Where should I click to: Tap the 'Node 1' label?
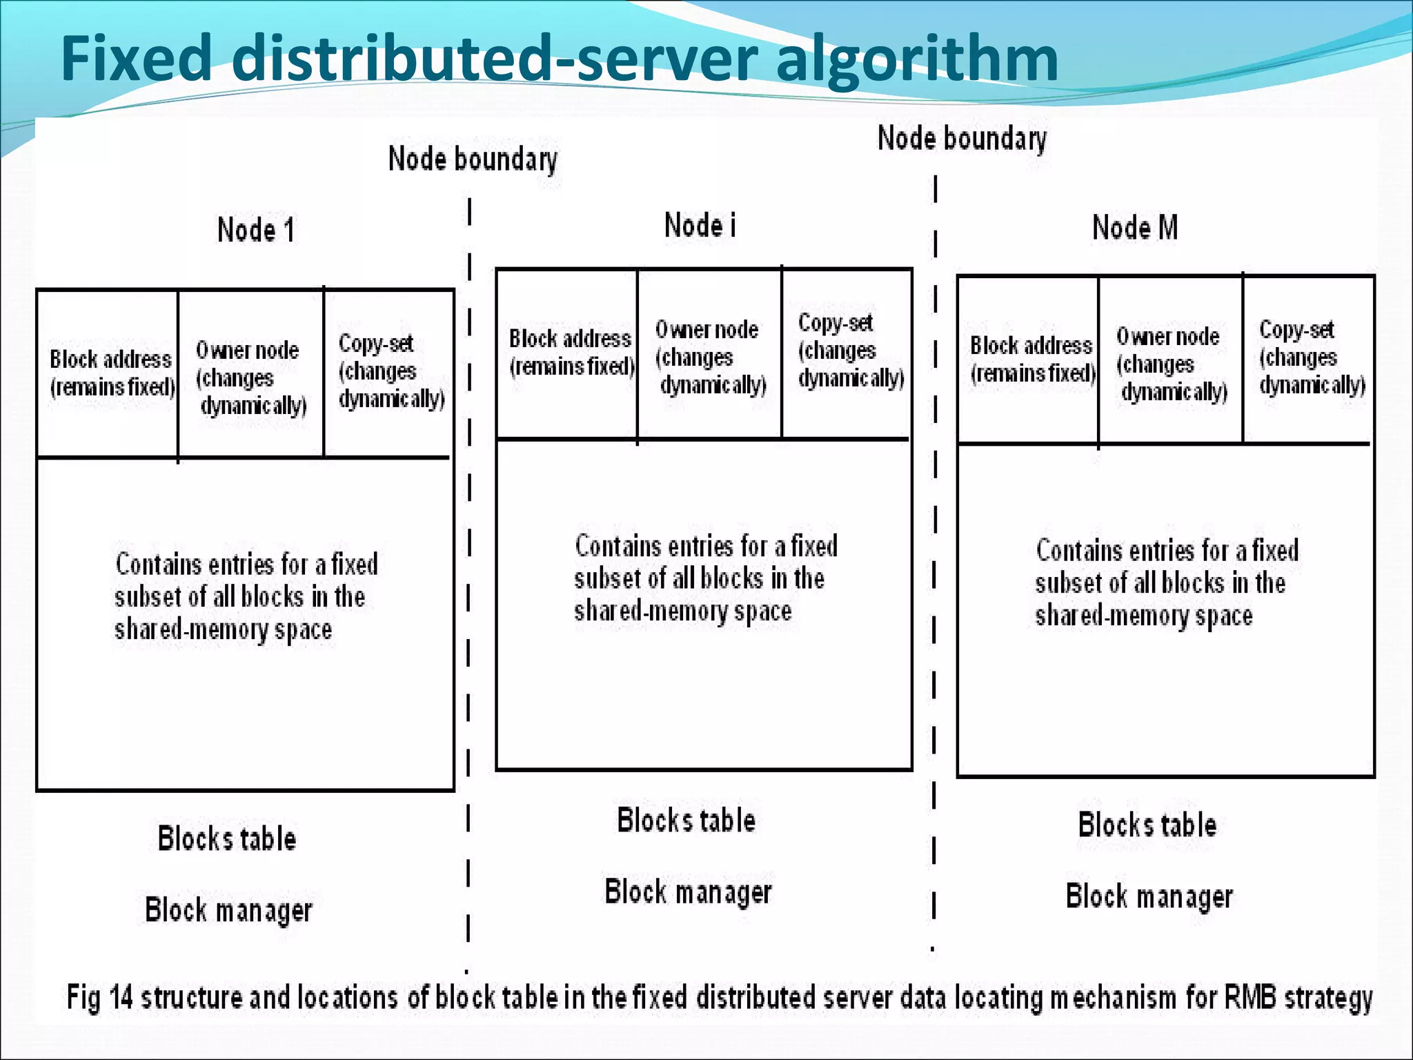click(x=256, y=230)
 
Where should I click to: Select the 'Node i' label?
click(x=700, y=226)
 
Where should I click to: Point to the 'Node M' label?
click(x=1135, y=228)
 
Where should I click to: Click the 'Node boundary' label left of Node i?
click(x=473, y=159)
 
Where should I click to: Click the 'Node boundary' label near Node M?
click(x=962, y=139)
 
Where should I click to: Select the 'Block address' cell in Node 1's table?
click(x=110, y=373)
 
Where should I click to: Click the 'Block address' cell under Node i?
click(x=570, y=353)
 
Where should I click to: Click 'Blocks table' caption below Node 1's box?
click(x=227, y=839)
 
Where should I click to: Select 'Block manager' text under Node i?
click(x=688, y=892)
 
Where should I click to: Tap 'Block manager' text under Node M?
click(x=1149, y=896)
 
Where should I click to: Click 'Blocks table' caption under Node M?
click(x=1147, y=825)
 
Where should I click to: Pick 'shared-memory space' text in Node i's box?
click(x=682, y=611)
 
